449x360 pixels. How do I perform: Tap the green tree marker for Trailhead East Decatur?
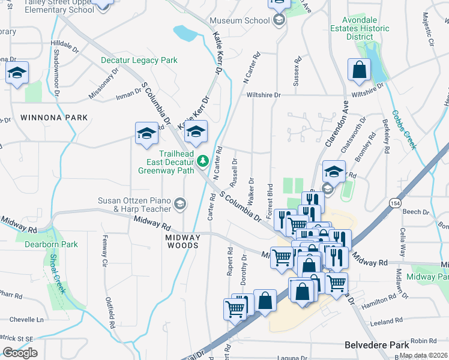click(x=203, y=160)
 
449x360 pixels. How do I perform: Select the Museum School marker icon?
click(x=278, y=20)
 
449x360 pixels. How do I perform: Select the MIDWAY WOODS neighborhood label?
click(x=182, y=241)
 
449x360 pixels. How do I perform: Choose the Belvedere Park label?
click(x=377, y=345)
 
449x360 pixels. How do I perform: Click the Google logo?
click(x=20, y=353)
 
